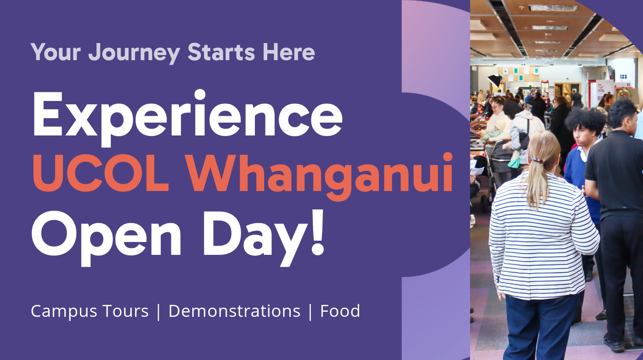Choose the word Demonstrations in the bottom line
tap(234, 311)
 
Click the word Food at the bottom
tap(340, 311)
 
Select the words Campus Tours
tap(90, 311)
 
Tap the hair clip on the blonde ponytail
tap(536, 160)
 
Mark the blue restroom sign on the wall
tap(623, 77)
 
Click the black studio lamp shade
tap(494, 81)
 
